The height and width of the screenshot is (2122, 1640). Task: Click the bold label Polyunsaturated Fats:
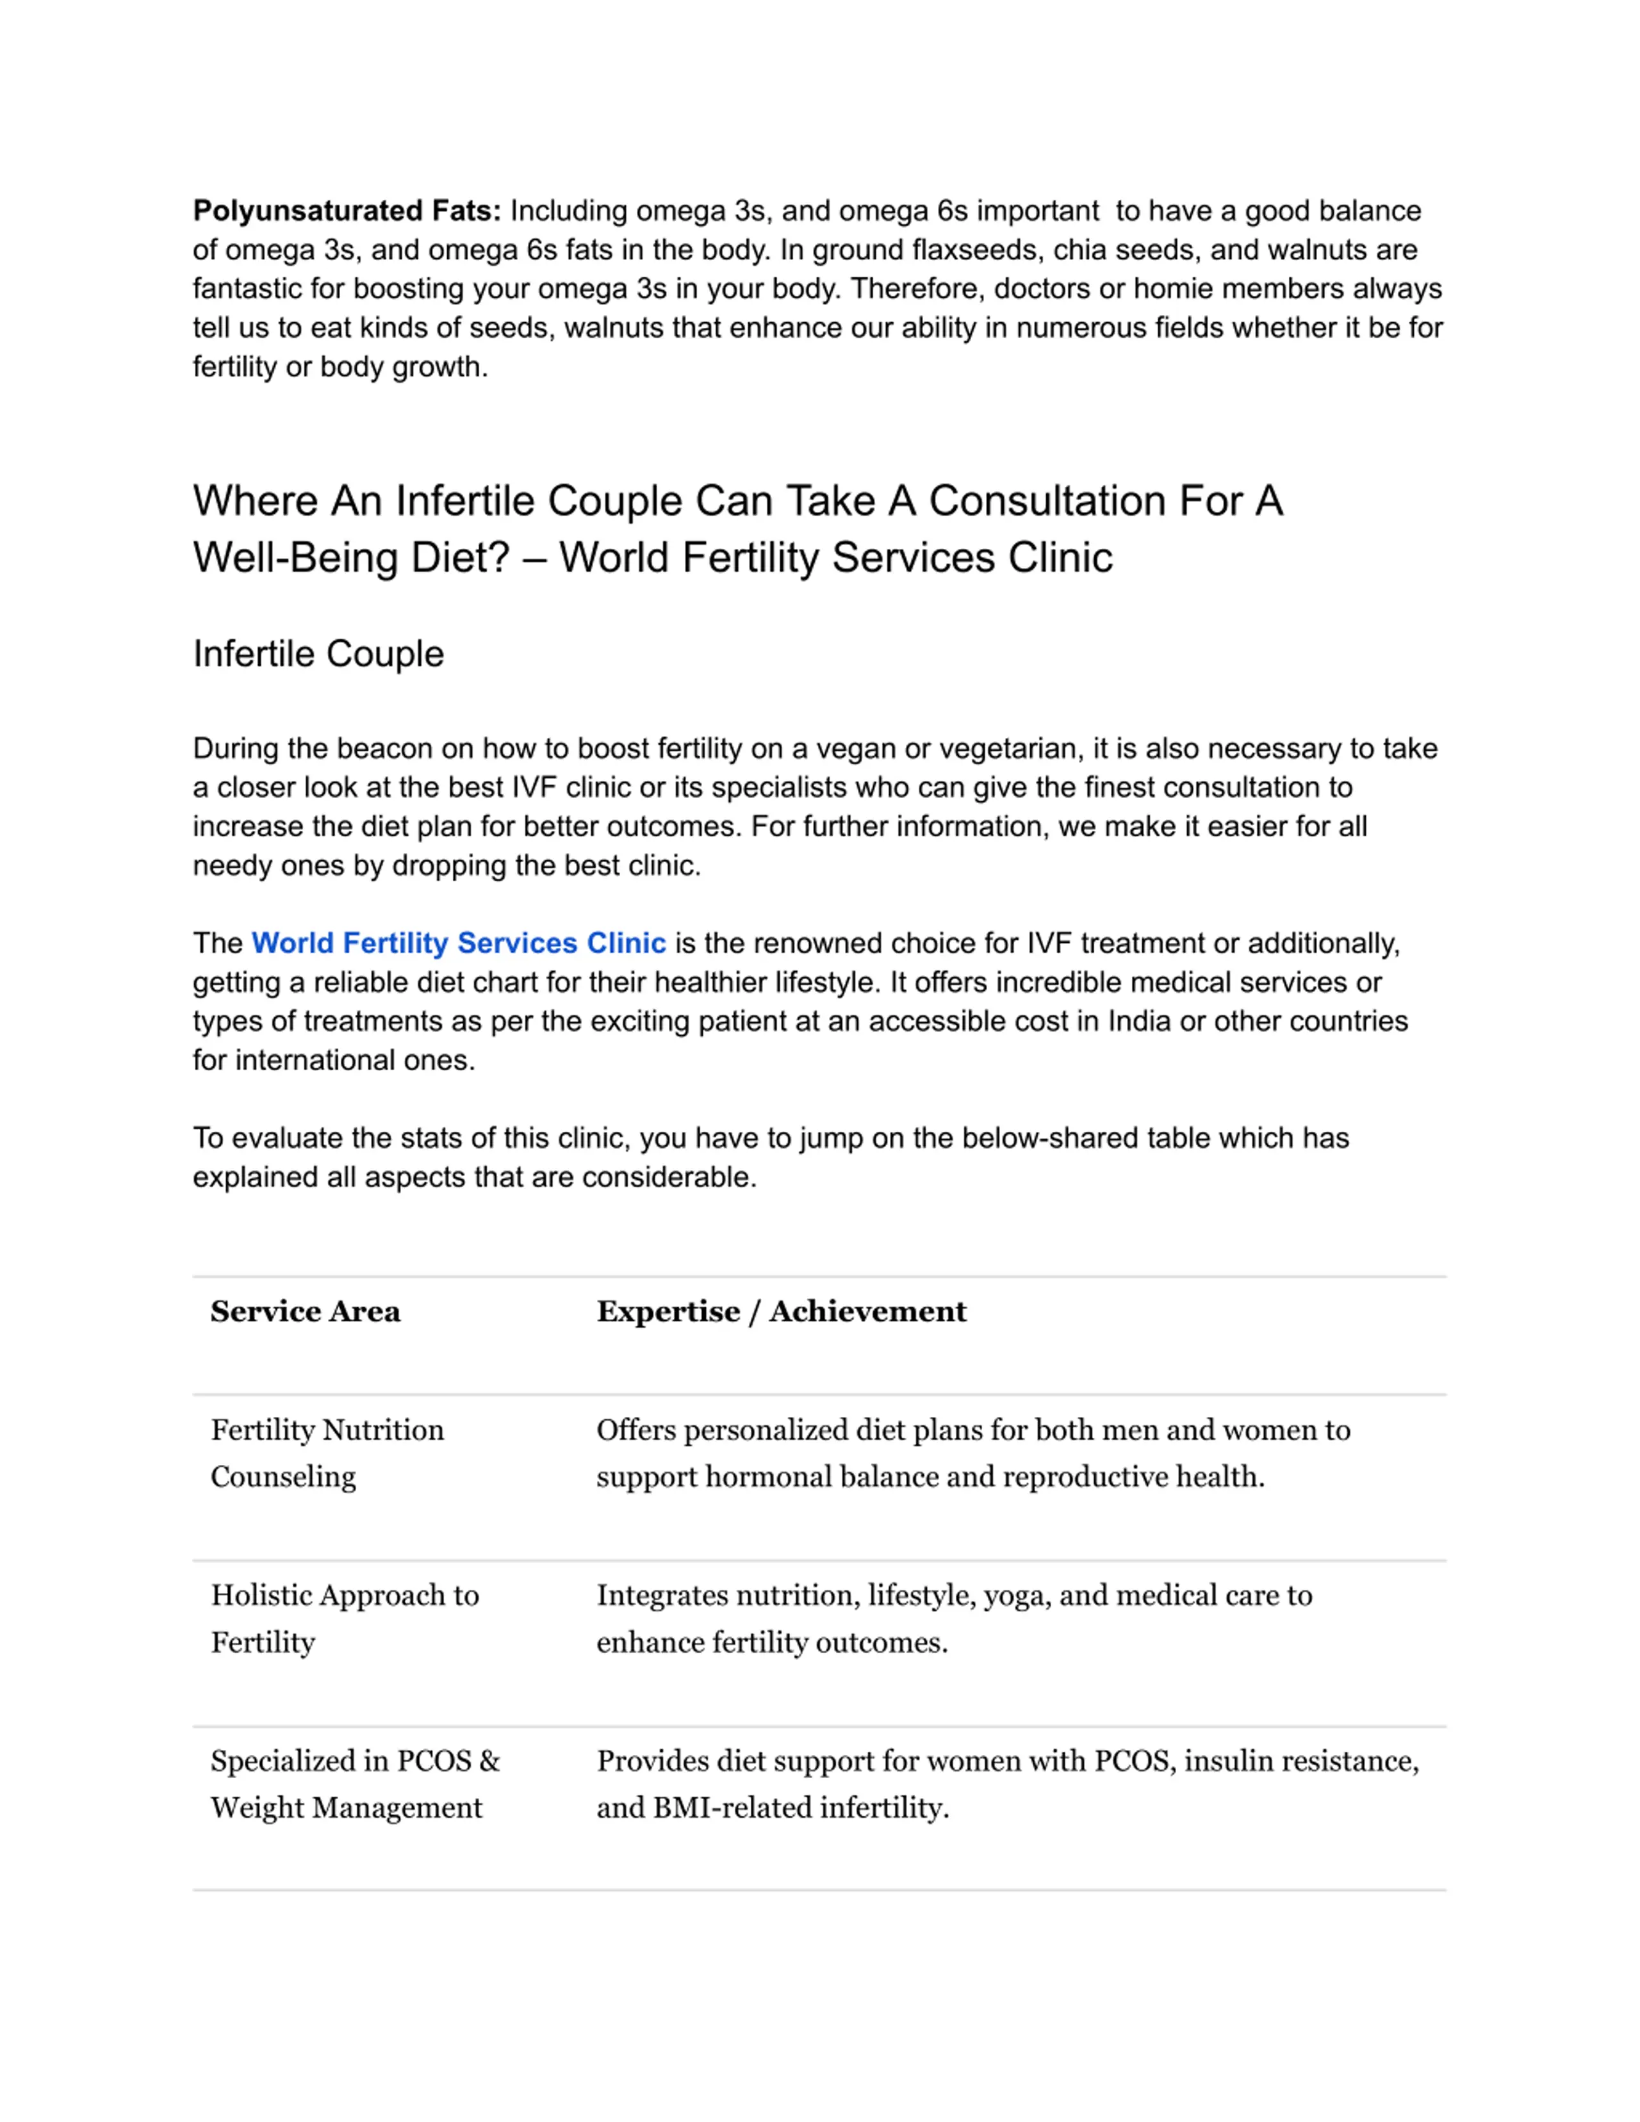[x=347, y=211]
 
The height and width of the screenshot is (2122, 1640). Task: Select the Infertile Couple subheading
[x=318, y=654]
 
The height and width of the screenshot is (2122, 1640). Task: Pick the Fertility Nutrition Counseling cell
[x=327, y=1453]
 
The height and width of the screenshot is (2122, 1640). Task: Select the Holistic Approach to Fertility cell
[x=344, y=1618]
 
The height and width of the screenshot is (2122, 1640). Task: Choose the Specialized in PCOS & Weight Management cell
[x=355, y=1783]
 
